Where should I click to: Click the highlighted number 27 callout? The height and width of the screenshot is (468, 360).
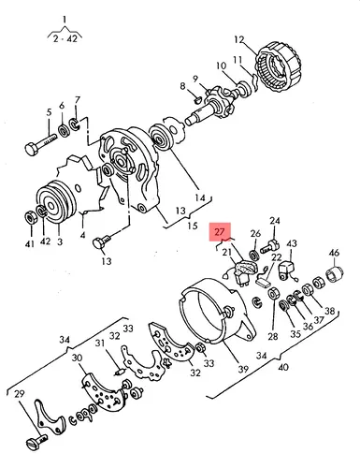pyautogui.click(x=220, y=232)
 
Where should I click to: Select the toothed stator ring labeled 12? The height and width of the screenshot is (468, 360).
pyautogui.click(x=279, y=68)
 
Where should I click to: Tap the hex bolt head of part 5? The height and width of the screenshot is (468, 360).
pyautogui.click(x=32, y=149)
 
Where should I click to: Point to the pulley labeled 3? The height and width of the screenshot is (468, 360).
pyautogui.click(x=56, y=202)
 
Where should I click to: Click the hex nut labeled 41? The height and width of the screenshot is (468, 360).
pyautogui.click(x=31, y=217)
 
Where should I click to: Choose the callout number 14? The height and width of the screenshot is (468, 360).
pyautogui.click(x=200, y=197)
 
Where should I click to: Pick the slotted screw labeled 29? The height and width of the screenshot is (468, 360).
pyautogui.click(x=36, y=444)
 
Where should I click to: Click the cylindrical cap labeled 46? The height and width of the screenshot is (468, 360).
pyautogui.click(x=336, y=274)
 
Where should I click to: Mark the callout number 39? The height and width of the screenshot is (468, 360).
pyautogui.click(x=243, y=369)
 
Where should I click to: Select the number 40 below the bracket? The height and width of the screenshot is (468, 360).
pyautogui.click(x=283, y=367)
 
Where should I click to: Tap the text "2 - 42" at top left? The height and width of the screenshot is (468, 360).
pyautogui.click(x=65, y=39)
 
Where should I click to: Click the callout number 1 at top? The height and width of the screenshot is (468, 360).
pyautogui.click(x=65, y=21)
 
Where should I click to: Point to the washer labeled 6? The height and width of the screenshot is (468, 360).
pyautogui.click(x=65, y=130)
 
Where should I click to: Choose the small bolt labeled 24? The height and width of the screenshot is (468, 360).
pyautogui.click(x=268, y=247)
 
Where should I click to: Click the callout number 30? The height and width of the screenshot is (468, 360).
pyautogui.click(x=77, y=358)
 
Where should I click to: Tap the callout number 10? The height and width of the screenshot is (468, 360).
pyautogui.click(x=222, y=66)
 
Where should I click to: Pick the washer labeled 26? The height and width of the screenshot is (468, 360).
pyautogui.click(x=254, y=255)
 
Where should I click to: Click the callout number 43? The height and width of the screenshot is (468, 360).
pyautogui.click(x=292, y=243)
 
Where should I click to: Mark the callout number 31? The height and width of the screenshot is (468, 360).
pyautogui.click(x=100, y=344)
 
